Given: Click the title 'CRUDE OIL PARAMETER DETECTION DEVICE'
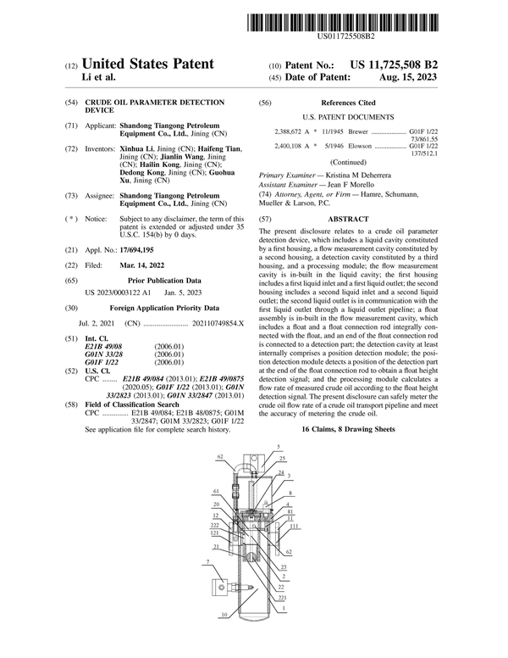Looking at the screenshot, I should pyautogui.click(x=144, y=106).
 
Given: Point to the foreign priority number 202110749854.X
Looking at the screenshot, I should pyautogui.click(x=217, y=301).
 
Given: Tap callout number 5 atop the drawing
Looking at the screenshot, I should pyautogui.click(x=278, y=446).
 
